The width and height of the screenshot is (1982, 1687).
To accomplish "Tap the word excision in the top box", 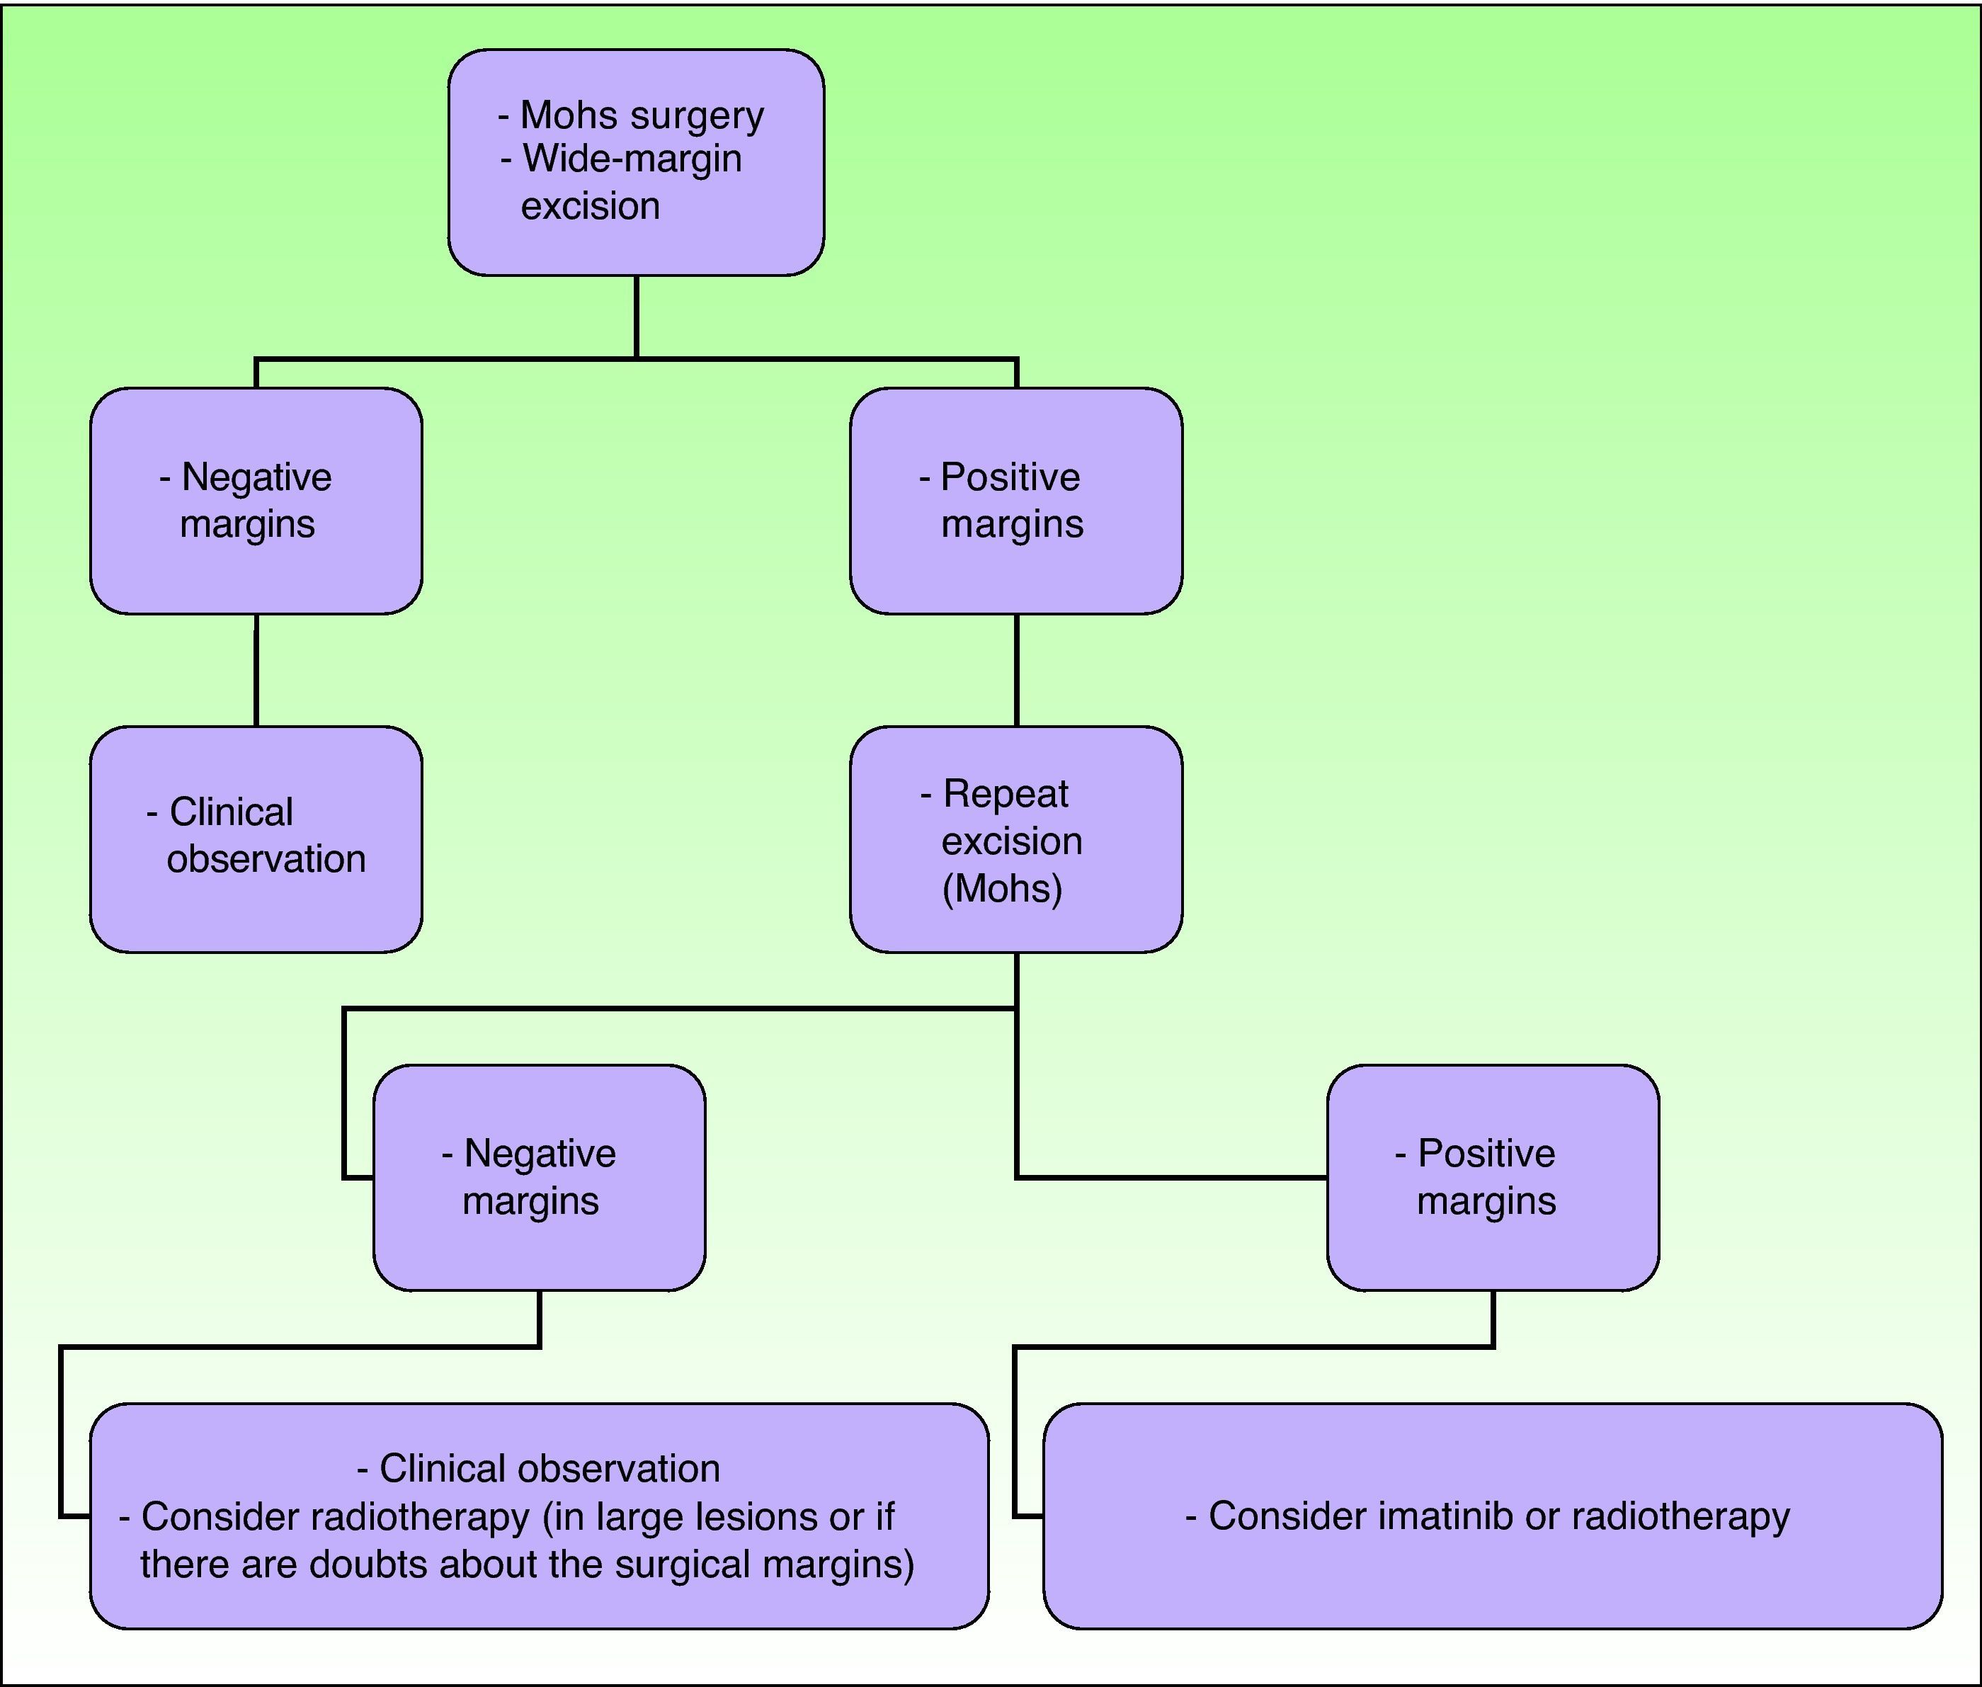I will tap(590, 205).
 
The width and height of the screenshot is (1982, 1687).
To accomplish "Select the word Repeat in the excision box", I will tap(1005, 794).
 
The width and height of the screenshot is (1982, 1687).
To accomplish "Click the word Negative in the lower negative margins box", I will tap(540, 1154).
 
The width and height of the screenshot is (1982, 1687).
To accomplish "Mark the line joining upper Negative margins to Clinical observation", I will tap(256, 669).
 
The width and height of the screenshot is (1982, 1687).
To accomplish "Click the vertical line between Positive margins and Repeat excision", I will tap(1016, 669).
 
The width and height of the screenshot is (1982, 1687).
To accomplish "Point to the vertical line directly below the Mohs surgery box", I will tap(637, 316).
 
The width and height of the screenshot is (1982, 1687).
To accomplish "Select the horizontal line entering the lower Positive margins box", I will tap(1171, 1177).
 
